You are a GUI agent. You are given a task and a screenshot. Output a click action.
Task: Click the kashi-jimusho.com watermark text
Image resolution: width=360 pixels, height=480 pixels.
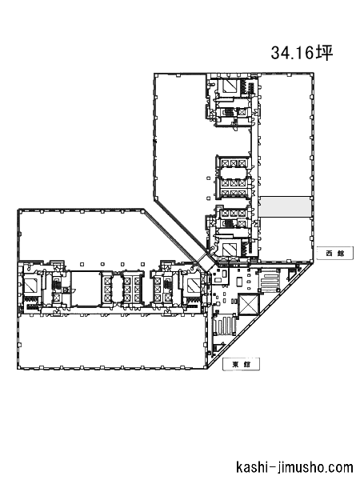[x=294, y=467]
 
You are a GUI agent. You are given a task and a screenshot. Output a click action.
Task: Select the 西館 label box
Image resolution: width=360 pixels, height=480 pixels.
[x=335, y=254]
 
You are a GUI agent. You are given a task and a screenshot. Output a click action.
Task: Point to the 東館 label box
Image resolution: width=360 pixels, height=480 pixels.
[x=242, y=364]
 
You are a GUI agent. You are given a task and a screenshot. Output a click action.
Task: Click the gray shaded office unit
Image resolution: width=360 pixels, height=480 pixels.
[x=284, y=207]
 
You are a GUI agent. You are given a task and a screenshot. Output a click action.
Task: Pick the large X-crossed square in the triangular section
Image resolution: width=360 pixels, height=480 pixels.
[x=248, y=304]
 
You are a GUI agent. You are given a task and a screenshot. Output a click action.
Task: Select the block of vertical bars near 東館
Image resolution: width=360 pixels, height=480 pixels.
[x=225, y=327]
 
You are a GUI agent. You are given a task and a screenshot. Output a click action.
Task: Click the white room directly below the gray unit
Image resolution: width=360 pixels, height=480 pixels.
[x=286, y=238]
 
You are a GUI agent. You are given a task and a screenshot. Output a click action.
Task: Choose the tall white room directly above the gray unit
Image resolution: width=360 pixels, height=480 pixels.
[x=286, y=135]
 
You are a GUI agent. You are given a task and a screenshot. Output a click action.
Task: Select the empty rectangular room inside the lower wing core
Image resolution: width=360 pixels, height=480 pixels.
[x=86, y=288]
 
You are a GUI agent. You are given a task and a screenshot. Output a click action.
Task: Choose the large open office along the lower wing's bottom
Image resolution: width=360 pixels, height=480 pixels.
[x=111, y=341]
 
